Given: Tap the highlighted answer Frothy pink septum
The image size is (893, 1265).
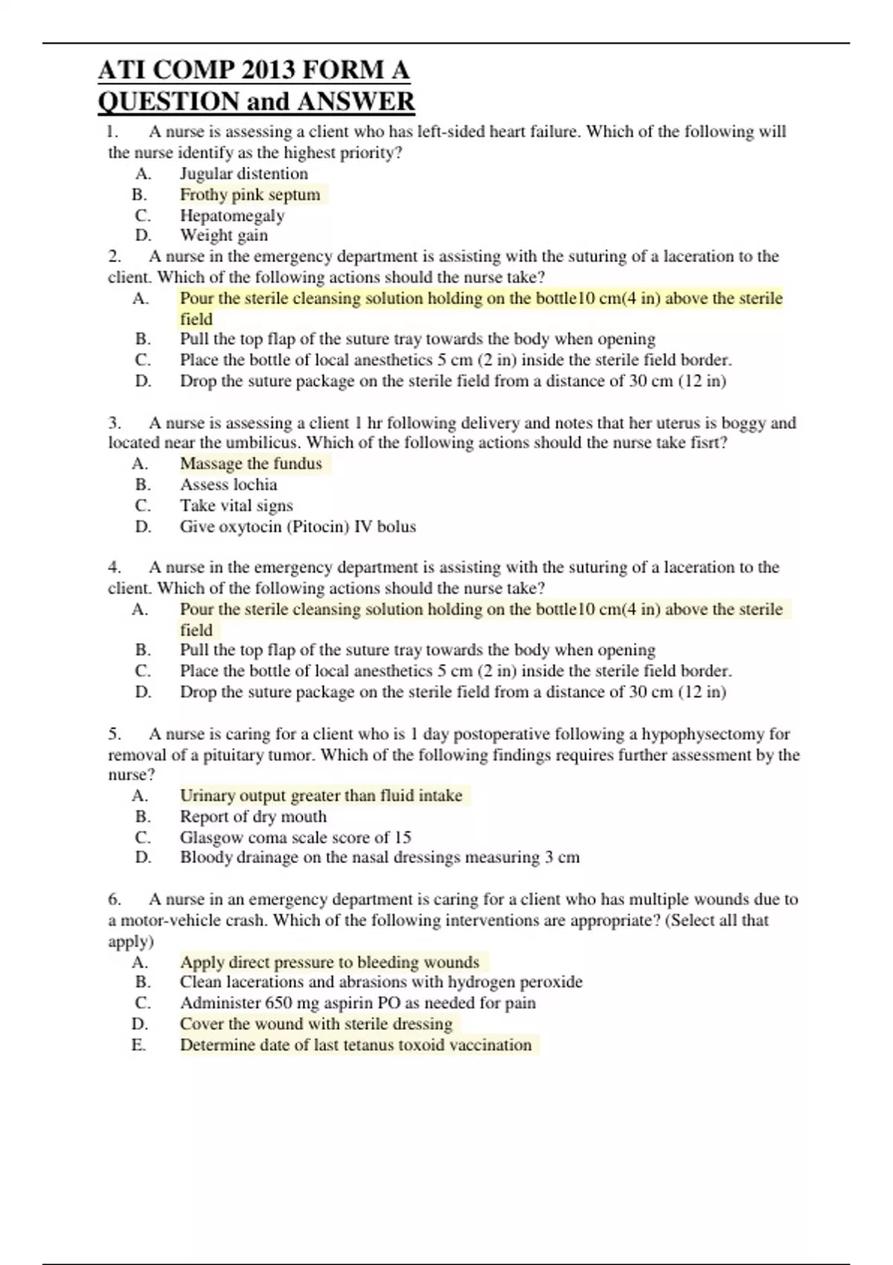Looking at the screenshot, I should (250, 195).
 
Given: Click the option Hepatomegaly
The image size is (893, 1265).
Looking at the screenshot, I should (232, 216).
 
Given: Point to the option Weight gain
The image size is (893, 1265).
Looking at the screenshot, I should (224, 236).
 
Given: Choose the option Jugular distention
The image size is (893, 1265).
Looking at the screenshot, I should (244, 174).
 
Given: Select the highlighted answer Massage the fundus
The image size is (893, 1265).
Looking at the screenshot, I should (251, 464).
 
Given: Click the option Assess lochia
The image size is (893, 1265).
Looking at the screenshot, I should (228, 484).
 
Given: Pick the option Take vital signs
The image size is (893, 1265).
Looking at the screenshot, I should (237, 506).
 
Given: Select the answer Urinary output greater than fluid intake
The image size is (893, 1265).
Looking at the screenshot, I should (321, 795).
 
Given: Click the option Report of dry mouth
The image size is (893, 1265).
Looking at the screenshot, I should (253, 816).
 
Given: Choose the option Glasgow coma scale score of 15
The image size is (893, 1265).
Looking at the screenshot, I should (295, 837).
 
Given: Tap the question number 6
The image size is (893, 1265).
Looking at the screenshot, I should (114, 900).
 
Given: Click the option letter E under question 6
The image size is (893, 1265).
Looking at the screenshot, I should (138, 1045).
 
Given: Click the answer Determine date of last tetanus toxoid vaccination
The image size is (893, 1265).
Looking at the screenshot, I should (356, 1045).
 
